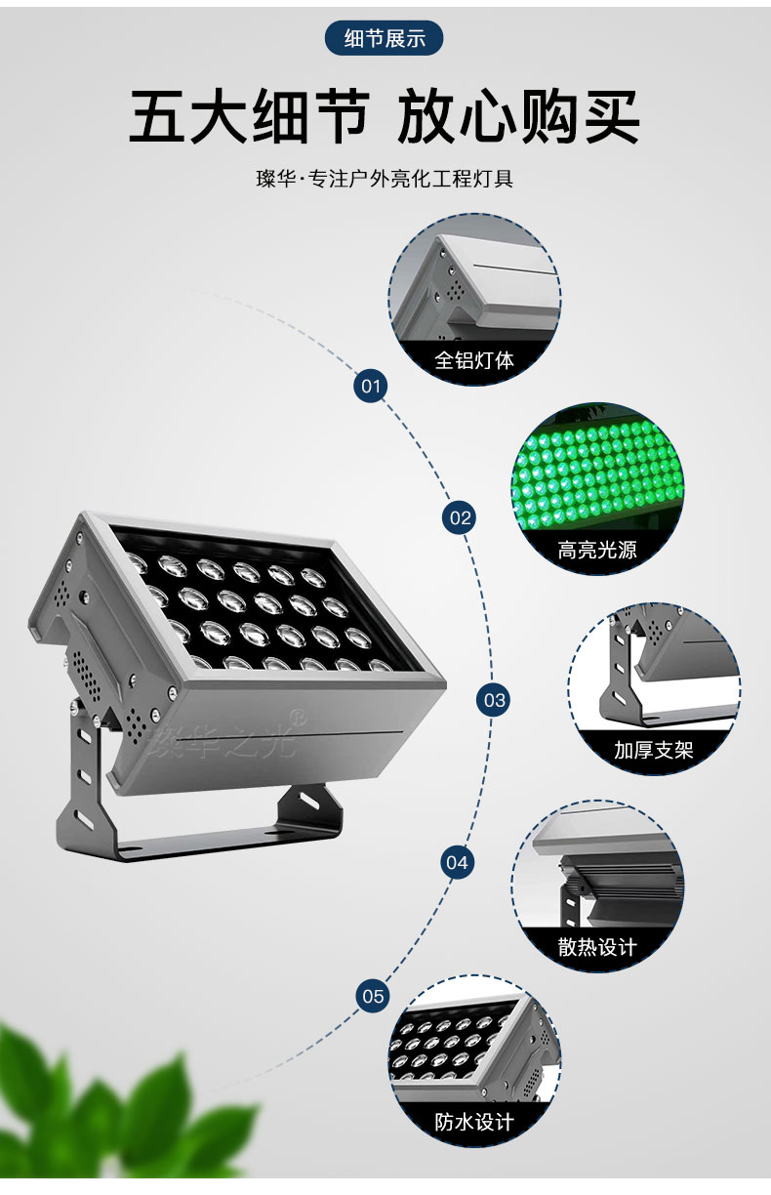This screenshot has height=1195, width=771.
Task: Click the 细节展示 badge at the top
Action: coord(384,38)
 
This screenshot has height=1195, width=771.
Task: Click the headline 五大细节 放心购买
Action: coord(384,116)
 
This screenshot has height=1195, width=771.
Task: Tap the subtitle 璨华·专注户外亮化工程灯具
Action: coord(385,179)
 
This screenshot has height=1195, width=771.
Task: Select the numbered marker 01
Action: coord(371,386)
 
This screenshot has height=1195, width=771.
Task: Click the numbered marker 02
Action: coord(460,517)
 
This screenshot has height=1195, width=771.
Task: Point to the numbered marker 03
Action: coord(493,700)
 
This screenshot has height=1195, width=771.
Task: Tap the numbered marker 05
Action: coord(373,996)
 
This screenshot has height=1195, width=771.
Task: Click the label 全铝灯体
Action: coord(474,360)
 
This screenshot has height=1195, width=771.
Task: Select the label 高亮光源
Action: coord(597,550)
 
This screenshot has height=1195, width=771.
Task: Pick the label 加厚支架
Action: coord(653,750)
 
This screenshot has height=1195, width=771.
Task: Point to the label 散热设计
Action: coord(597,947)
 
